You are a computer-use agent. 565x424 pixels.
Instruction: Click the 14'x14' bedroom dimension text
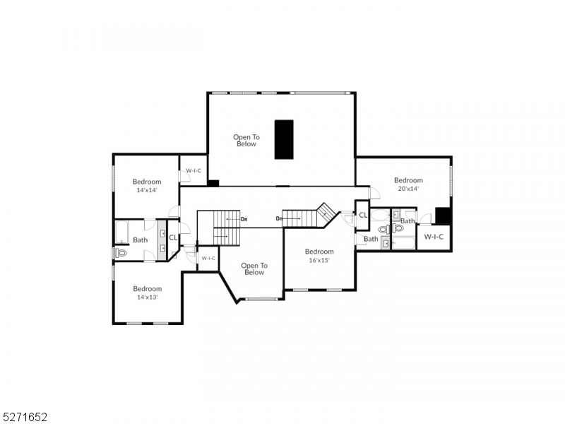(147, 190)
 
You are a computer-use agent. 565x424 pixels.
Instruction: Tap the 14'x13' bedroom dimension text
(147, 298)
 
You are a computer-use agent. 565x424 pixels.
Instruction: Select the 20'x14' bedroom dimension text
(408, 189)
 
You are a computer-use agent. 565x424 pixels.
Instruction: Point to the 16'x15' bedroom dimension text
(319, 260)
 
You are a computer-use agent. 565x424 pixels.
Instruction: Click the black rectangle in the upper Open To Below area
(284, 139)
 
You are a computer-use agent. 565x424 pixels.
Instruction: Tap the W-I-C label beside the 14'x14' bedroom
(194, 171)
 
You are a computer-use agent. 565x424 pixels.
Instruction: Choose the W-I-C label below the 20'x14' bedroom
(434, 237)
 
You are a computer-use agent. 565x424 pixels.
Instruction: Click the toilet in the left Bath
(121, 252)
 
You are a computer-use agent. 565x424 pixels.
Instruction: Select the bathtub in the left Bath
(121, 231)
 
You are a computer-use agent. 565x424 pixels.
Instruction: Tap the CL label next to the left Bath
(173, 237)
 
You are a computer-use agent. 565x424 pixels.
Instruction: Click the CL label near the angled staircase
(362, 215)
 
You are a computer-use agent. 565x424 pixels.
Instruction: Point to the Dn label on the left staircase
(244, 219)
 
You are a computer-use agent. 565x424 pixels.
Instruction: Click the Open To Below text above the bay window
(254, 269)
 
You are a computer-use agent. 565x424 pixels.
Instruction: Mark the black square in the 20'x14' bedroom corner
(443, 215)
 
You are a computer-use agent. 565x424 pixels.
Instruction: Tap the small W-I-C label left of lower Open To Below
(208, 259)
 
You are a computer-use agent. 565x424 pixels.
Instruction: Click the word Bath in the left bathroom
(141, 240)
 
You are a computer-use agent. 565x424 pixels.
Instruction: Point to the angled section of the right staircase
(326, 212)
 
